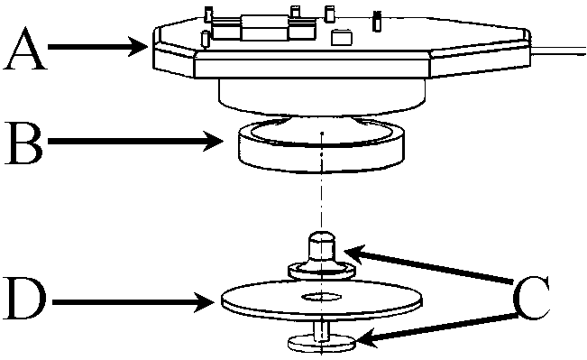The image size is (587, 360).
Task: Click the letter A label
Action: point(25,49)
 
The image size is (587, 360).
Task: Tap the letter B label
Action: point(23,143)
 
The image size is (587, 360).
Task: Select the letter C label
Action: point(532,298)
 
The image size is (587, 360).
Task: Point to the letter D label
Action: point(24,300)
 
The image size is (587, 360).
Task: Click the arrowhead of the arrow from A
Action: point(138,47)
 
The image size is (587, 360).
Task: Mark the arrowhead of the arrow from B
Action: point(214,142)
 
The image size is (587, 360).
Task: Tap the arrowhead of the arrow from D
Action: point(205,302)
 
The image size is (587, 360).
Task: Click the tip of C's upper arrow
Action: point(344,252)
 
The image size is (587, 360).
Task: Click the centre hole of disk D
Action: point(322,298)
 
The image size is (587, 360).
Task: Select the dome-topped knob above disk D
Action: point(321,248)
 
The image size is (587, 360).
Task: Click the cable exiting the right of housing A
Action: point(558,51)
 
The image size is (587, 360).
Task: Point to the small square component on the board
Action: point(342,38)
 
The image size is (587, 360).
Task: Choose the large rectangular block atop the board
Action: point(265,28)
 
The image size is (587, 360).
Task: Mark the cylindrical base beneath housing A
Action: point(322,97)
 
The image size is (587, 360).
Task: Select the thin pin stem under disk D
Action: point(321,330)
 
